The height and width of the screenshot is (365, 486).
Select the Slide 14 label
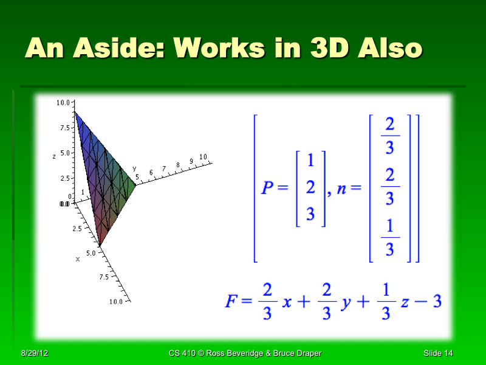pyautogui.click(x=439, y=353)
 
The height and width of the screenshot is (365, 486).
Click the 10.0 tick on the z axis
pyautogui.click(x=62, y=103)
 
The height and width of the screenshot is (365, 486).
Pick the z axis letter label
pyautogui.click(x=55, y=156)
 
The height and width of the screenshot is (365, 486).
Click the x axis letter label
pyautogui.click(x=78, y=259)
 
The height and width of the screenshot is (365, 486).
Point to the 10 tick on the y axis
pyautogui.click(x=204, y=158)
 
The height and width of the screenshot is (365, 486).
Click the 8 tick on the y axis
pyautogui.click(x=178, y=165)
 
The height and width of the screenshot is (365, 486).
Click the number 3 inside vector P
pyautogui.click(x=310, y=215)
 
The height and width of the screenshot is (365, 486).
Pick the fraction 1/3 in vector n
pyautogui.click(x=390, y=238)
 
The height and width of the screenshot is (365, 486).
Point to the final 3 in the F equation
pyautogui.click(x=436, y=301)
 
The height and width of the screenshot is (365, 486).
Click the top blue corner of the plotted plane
pyautogui.click(x=75, y=112)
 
